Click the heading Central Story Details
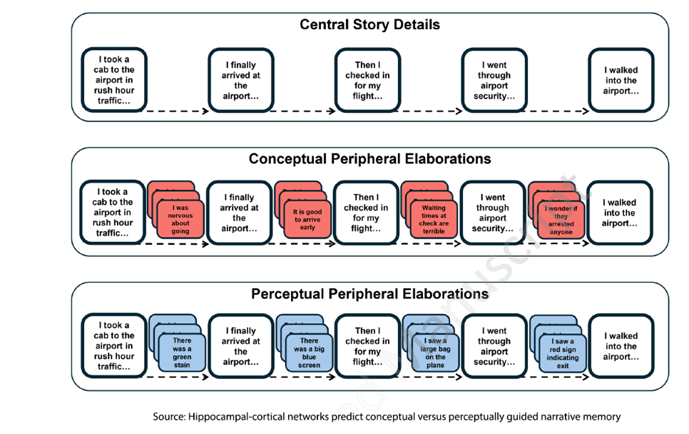[369, 25]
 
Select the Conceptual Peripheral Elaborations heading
[369, 158]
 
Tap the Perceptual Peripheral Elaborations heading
[369, 293]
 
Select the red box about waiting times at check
[434, 219]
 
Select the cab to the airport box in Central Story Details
[113, 80]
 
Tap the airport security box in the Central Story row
[494, 80]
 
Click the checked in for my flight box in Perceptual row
[367, 346]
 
